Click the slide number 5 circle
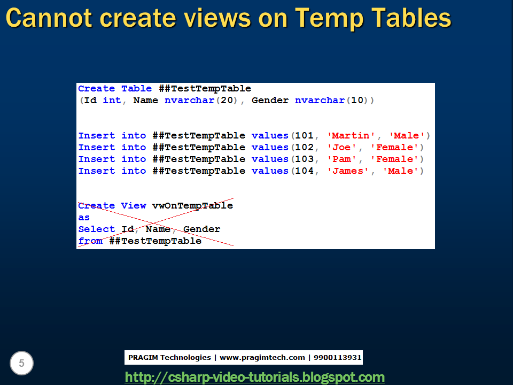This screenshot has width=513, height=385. click(21, 364)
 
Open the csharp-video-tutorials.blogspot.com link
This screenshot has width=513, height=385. click(254, 377)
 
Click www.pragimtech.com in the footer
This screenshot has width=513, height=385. click(262, 358)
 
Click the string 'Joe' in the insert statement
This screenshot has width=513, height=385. click(341, 148)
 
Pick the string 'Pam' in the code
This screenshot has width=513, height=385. click(341, 159)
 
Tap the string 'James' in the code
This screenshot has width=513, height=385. click(347, 171)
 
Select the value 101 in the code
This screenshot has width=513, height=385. click(304, 136)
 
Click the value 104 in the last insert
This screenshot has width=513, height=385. click(304, 171)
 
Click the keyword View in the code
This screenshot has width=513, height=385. click(134, 206)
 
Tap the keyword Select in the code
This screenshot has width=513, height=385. click(96, 229)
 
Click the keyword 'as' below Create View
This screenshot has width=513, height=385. click(84, 218)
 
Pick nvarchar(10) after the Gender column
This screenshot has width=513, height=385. click(333, 101)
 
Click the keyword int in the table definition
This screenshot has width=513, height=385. click(112, 101)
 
